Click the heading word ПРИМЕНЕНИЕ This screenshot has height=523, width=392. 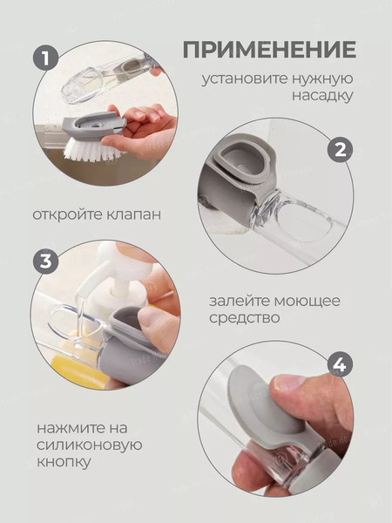269,48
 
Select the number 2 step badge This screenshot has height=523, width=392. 340,148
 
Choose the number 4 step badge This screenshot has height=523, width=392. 340,364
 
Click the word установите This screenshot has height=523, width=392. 244,79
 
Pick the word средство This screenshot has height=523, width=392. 245,319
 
